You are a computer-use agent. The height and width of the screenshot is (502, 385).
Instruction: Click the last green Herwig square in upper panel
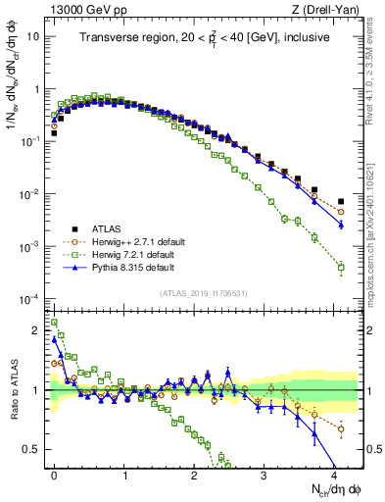pos(341,267)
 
